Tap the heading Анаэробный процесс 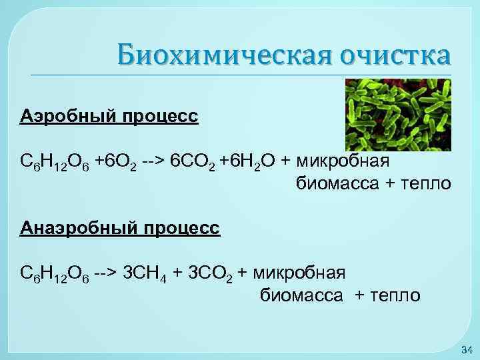119,228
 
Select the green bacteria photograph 398,115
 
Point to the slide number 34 466,350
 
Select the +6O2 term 117,162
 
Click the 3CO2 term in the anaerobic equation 207,273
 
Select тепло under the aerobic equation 426,183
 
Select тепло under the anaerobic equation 396,295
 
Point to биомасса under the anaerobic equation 301,295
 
